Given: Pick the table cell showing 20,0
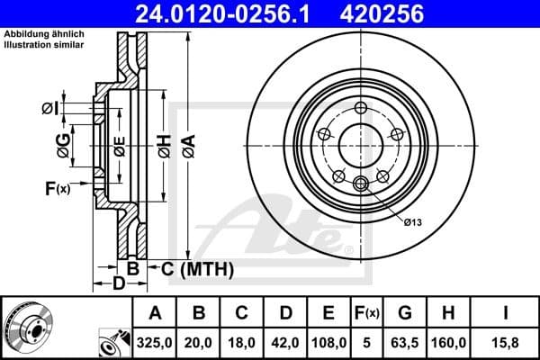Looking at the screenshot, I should [x=199, y=342].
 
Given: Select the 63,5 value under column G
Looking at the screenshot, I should [x=405, y=342].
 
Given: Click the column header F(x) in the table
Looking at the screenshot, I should [x=368, y=313].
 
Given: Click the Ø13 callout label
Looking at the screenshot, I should [x=413, y=221].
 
